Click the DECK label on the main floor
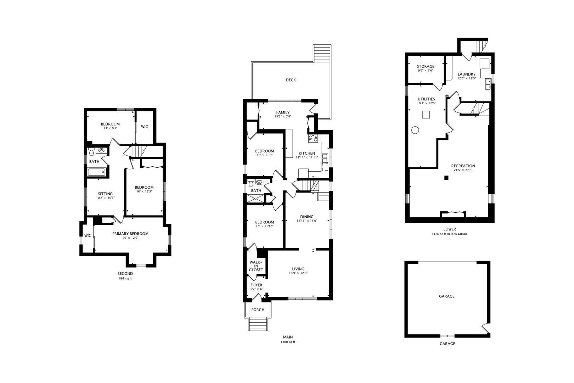coord(291,80)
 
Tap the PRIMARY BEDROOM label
coord(130,234)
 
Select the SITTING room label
coord(105,194)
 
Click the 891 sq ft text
coord(125,278)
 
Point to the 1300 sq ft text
coord(288,342)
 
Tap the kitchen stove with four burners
coord(313,139)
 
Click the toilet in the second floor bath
coord(91,152)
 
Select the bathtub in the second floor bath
coord(96,172)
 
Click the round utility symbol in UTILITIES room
coord(415,130)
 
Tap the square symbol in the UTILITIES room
coord(426,115)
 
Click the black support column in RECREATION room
coord(446,178)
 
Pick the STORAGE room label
coord(426,66)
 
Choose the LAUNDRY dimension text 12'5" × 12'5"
coord(467,78)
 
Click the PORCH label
coord(258,310)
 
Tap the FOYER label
coord(256,285)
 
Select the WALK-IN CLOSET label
coord(256,266)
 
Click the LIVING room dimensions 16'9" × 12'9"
coord(298,273)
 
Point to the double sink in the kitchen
coord(325,158)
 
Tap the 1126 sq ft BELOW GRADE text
coord(450,234)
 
